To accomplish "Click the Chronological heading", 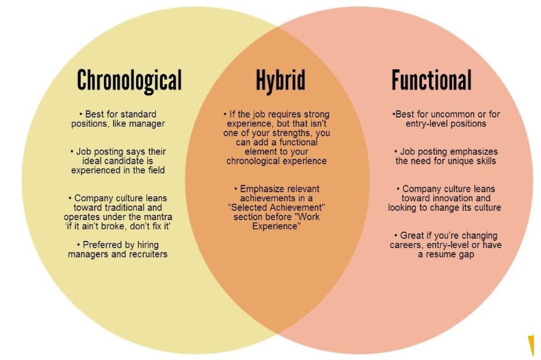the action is (129, 81).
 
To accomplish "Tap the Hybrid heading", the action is (280, 80).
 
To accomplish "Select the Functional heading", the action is (432, 79).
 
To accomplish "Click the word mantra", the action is (158, 217).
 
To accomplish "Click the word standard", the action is (140, 114).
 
